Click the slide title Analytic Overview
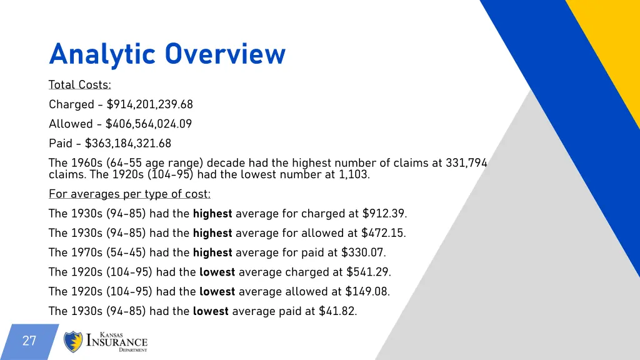coord(167,54)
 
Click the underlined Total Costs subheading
coord(79,85)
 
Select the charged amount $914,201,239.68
coord(149,104)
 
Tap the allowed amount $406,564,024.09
coord(149,124)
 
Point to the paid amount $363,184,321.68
coord(128,143)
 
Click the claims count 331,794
coord(466,163)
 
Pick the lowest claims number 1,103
coord(354,174)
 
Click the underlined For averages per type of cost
coord(129,194)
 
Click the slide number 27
coord(29,341)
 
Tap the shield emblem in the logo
coord(73,342)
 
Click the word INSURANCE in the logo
coord(117,342)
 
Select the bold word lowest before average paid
coord(211,311)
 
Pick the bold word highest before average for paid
coord(212,252)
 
